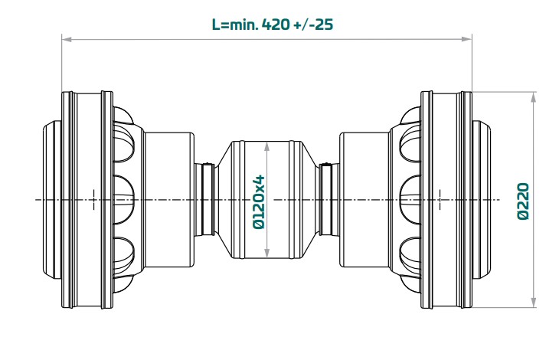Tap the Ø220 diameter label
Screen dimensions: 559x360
coord(523,201)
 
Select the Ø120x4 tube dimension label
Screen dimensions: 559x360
coord(259,201)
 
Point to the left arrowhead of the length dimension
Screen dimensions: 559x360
coord(67,39)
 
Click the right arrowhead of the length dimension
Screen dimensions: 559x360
coord(467,39)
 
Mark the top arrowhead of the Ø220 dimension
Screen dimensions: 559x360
coord(533,97)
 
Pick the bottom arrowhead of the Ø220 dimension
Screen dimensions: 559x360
coord(533,303)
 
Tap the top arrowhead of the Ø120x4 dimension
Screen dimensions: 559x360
coord(267,146)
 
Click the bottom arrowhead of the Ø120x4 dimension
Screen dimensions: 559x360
coord(267,254)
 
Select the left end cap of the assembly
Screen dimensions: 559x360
coord(52,200)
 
